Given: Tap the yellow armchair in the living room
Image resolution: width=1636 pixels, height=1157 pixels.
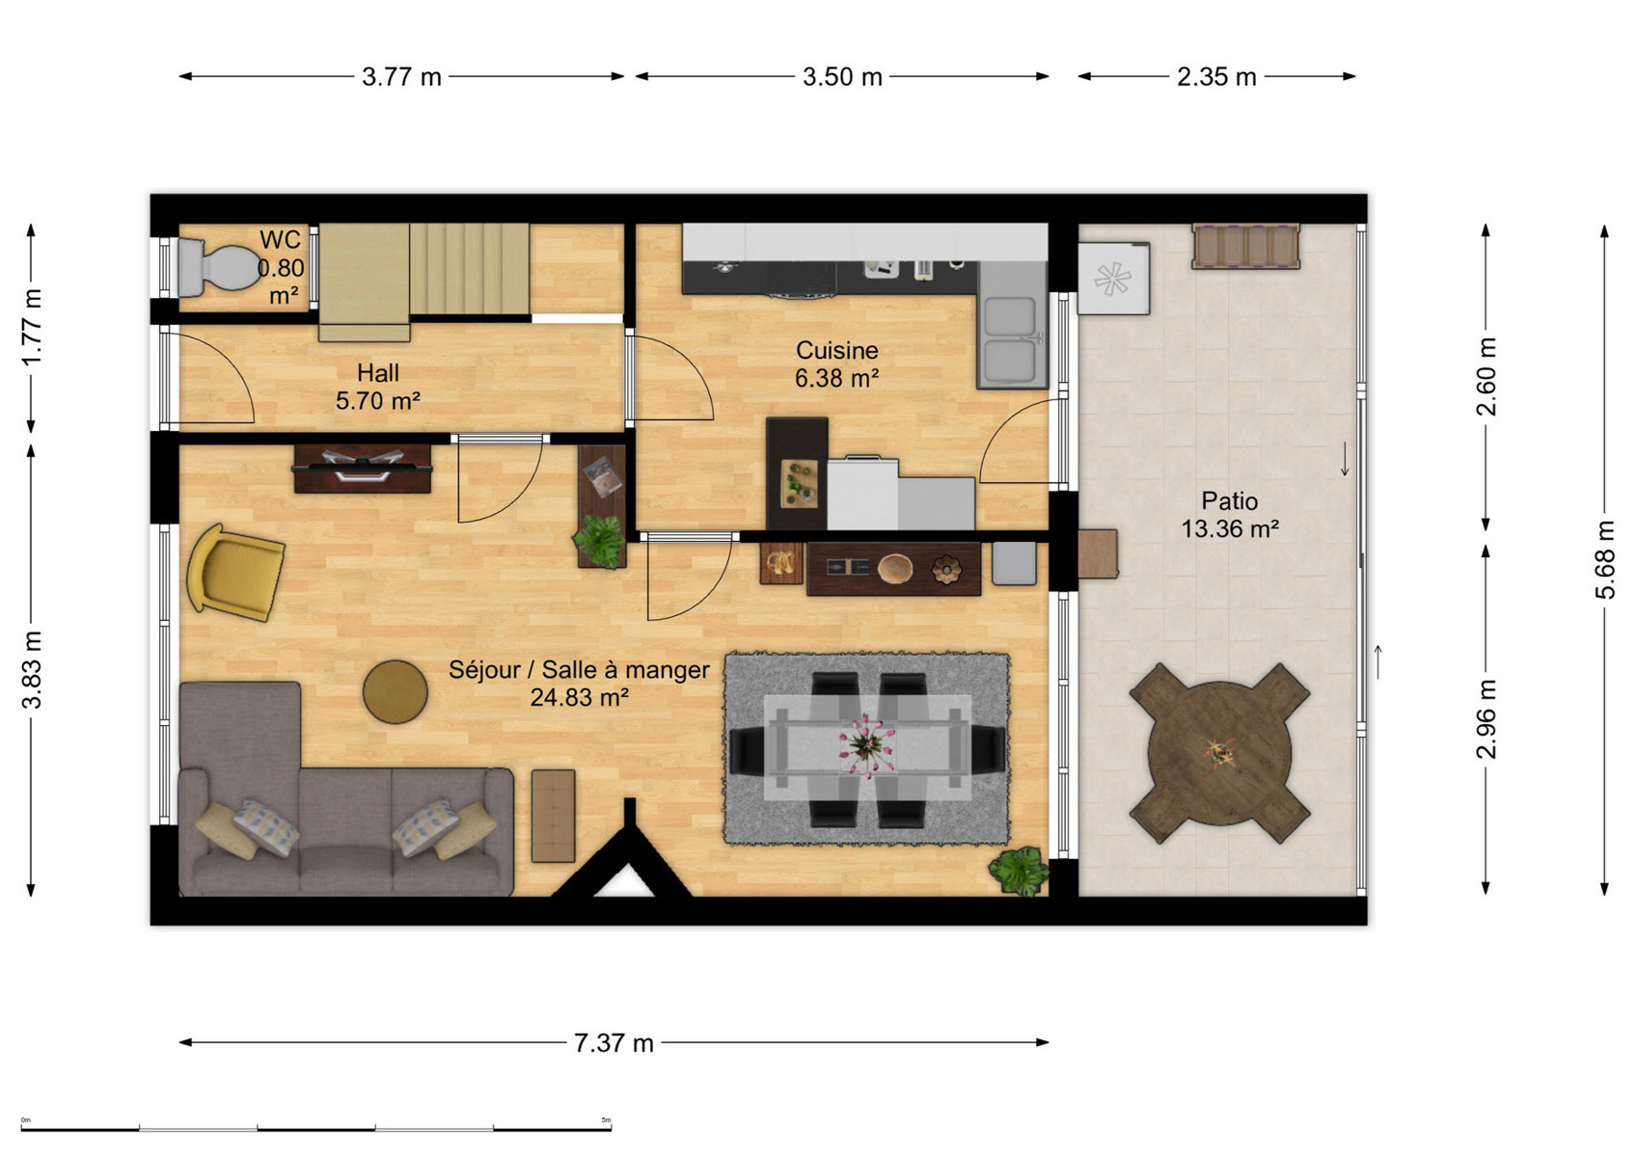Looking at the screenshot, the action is coord(234,572).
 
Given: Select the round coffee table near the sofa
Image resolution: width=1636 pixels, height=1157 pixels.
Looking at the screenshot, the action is coord(395,692).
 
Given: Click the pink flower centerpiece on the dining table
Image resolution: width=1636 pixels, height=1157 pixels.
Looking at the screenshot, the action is coord(867,744).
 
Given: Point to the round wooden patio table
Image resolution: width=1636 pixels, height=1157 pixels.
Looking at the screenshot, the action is coord(1219,753).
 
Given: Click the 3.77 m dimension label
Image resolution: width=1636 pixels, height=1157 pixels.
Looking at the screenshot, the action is coord(401,76).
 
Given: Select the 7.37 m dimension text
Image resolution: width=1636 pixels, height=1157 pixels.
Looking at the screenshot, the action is coord(613,1043).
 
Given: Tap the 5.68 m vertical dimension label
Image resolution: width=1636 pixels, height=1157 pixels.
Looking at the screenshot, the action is coord(1604,560).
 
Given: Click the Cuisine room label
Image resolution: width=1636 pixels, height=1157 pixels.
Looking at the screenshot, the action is coord(837,350).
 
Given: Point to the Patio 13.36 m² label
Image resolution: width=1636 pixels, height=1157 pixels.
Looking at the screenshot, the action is coord(1230,515).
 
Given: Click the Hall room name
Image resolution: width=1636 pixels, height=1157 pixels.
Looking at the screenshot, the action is coord(377,373).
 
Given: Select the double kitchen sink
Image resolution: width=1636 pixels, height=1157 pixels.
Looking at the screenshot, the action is coord(1012,340).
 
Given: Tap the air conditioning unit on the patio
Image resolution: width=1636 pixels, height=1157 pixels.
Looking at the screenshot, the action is coord(1113,278).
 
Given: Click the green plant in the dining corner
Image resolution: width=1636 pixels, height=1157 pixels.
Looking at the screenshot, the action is coord(1020,870).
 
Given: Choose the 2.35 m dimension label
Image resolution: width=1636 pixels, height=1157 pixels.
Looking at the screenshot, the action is coord(1216,76).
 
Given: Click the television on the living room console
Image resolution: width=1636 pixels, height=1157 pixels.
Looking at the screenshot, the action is coord(363,465).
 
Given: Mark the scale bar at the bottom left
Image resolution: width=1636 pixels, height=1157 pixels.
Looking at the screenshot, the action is coord(315,1128).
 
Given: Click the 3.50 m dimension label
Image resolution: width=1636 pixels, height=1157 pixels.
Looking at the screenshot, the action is coord(843,76).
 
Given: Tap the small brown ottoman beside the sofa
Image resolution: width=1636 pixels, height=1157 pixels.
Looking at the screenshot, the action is coord(553,816).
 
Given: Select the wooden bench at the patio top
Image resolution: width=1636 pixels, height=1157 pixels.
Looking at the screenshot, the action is coord(1246,247).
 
